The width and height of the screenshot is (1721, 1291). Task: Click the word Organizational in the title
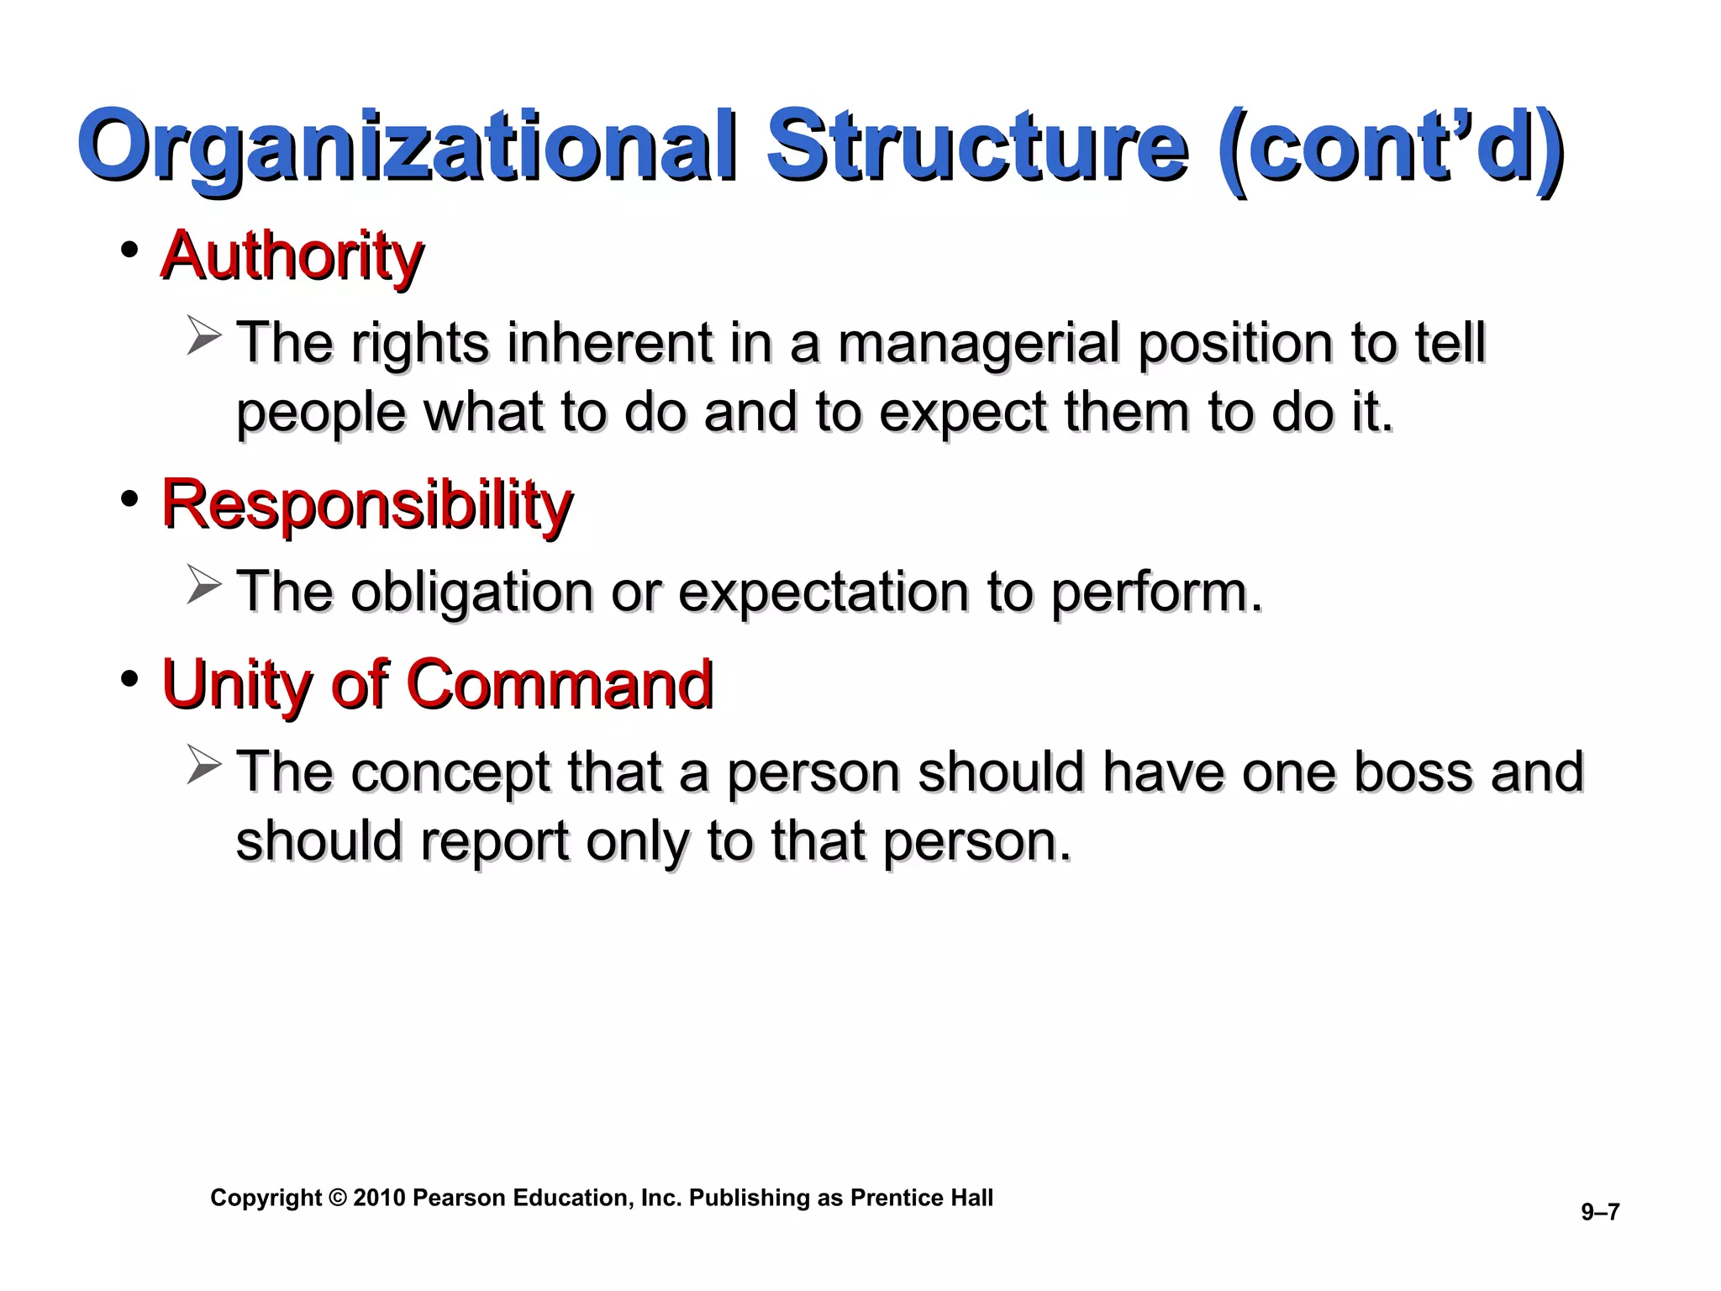coord(412,148)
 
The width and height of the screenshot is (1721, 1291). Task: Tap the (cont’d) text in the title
coord(1388,148)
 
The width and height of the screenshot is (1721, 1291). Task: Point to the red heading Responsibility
coord(366,504)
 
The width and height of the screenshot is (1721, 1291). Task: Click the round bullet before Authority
coord(129,250)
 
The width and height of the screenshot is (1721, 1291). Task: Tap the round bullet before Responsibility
coord(129,499)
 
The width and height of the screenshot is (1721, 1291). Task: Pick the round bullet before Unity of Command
coord(129,678)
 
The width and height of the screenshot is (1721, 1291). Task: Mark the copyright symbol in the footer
coord(338,1198)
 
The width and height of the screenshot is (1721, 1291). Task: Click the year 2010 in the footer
coord(379,1198)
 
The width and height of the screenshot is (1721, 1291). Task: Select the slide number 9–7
coord(1600,1212)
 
